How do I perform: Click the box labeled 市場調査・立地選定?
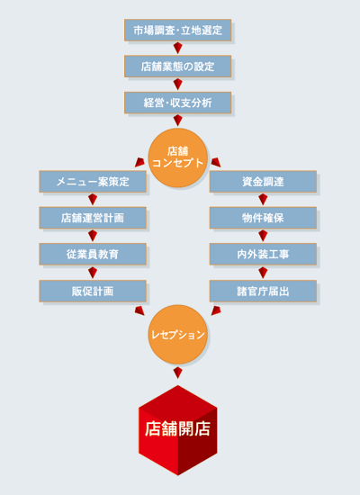pos(178,30)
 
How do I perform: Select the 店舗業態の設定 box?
pos(178,67)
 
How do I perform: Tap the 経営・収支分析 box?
pos(178,103)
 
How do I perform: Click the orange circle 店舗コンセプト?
pos(178,157)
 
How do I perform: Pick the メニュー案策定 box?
pos(93,182)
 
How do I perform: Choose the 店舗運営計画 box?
pos(93,218)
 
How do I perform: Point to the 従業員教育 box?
pos(93,254)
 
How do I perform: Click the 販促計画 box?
pos(93,291)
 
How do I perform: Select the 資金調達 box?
pos(263,182)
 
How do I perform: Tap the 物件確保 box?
pos(263,218)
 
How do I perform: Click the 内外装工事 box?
pos(263,254)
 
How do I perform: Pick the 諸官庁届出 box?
pos(263,291)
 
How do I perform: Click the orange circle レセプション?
pos(178,335)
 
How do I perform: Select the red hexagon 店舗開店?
pos(178,430)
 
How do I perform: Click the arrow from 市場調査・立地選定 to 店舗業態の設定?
pos(178,48)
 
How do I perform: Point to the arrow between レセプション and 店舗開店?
pos(178,373)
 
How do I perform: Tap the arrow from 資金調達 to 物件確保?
pos(263,200)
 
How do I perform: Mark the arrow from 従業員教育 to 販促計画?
pos(93,273)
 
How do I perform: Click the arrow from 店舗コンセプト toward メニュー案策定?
pos(139,162)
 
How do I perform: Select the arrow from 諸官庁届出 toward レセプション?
pos(216,310)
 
